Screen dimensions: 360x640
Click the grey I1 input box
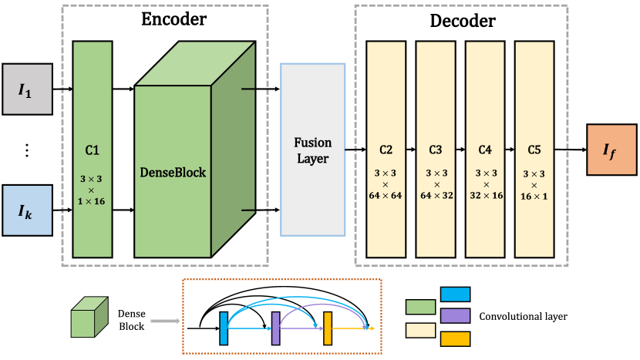[26, 89]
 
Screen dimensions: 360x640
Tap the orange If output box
[610, 148]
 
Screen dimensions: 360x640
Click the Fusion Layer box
[312, 149]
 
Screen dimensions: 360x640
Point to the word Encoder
[174, 19]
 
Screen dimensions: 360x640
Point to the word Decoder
[462, 21]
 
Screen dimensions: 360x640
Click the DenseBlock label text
[173, 173]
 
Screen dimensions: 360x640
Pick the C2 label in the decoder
[386, 150]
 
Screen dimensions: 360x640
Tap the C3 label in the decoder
[436, 150]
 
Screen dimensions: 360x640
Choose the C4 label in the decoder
[485, 150]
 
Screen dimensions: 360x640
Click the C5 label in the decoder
[534, 150]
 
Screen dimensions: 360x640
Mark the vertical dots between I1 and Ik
[26, 150]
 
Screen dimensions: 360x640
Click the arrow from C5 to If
[571, 149]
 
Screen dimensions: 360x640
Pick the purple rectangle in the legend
[455, 315]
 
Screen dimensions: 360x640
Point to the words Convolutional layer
[523, 316]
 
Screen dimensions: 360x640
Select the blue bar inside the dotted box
[224, 328]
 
